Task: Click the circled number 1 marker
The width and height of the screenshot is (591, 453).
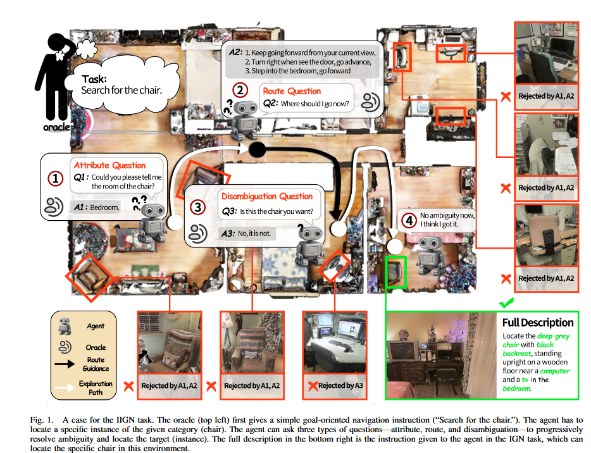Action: coord(56,179)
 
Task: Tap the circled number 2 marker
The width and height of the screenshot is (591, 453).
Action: coord(239,90)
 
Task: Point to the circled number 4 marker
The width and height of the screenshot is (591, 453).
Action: coord(410,221)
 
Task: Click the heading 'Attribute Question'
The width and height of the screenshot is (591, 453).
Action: coord(109,166)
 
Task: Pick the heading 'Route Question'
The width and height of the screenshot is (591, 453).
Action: coord(292,92)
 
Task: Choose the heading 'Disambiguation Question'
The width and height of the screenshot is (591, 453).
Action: coord(267,196)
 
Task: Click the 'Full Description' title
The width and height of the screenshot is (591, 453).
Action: coord(538,322)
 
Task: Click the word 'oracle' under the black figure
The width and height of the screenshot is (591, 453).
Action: coord(56,127)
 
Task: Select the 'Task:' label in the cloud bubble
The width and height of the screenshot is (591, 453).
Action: coord(94,79)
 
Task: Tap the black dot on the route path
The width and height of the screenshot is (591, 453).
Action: coord(258,150)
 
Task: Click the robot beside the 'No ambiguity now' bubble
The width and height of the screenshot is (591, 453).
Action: coord(432,254)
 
